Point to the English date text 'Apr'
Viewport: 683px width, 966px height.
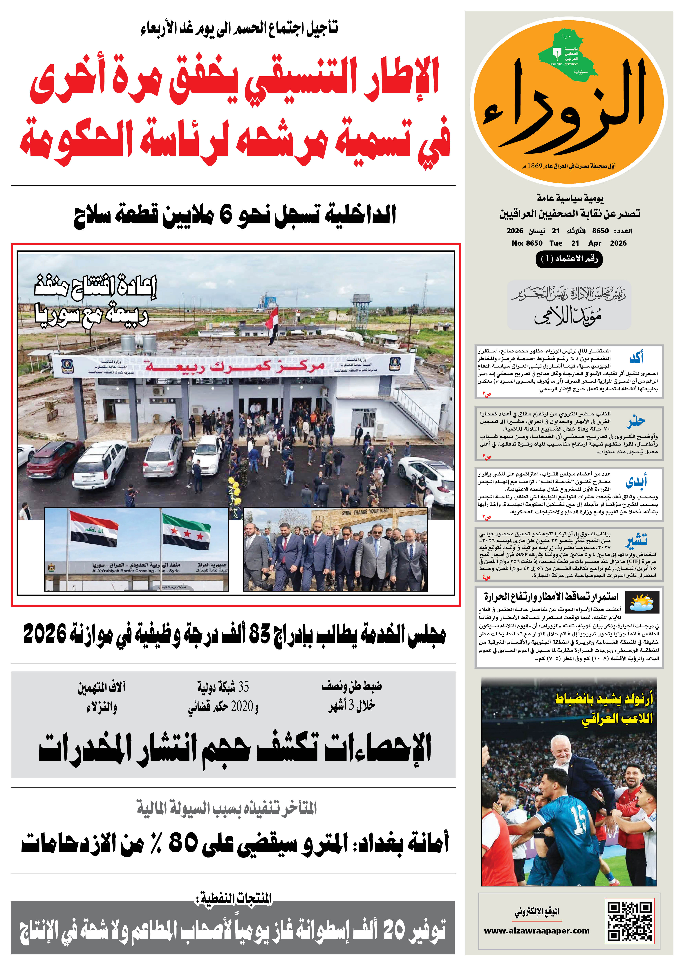tap(595, 243)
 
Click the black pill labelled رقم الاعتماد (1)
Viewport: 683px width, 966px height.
tap(569, 259)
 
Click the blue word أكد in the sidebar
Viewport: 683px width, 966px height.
tap(636, 358)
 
